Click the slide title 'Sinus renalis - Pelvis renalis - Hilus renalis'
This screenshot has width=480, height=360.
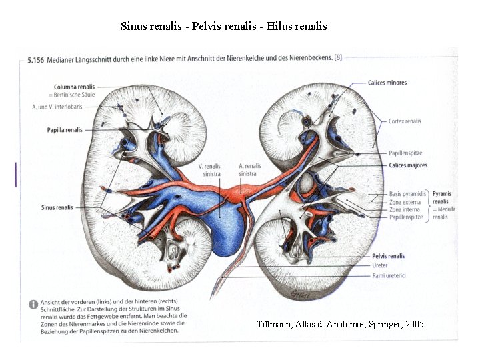(x=224, y=27)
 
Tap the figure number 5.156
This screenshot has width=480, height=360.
(x=36, y=60)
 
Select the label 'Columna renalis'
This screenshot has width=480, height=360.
(x=75, y=87)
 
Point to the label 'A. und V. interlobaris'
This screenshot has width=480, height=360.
(x=59, y=107)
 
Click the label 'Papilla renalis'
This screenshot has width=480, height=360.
(x=65, y=130)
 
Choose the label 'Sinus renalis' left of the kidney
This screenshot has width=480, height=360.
(x=57, y=207)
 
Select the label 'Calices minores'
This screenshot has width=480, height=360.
(x=387, y=83)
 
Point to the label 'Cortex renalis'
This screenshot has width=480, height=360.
(x=405, y=121)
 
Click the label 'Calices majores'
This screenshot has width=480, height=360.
(x=408, y=165)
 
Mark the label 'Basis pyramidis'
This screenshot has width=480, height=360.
(x=407, y=194)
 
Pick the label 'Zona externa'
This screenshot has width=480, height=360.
(x=405, y=202)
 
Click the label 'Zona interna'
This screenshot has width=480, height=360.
(x=405, y=209)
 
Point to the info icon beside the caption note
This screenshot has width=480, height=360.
(x=33, y=304)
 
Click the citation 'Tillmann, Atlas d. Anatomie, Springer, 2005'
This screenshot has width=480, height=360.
(x=340, y=324)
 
